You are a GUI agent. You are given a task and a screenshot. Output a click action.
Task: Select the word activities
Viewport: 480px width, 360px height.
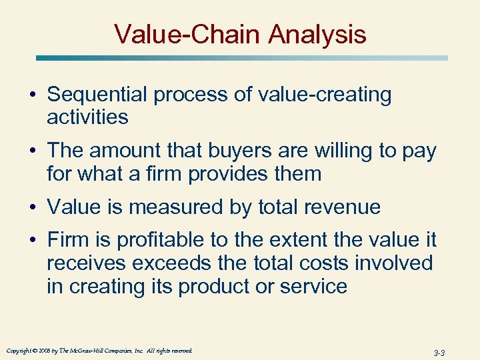point(87,117)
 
